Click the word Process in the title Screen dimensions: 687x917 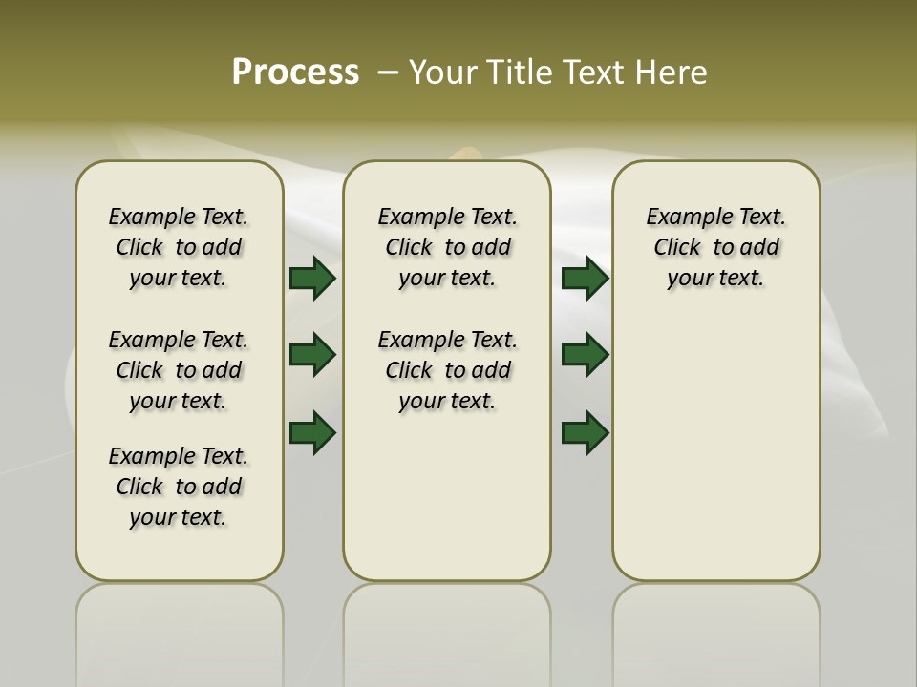coord(295,73)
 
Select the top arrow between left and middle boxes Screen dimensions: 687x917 coord(312,279)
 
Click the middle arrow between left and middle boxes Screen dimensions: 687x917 coord(312,355)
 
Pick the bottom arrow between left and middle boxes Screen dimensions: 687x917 coord(312,432)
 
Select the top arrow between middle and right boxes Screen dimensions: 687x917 coord(585,279)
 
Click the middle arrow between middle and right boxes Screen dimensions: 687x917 coord(585,355)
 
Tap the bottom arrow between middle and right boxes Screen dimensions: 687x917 coord(585,432)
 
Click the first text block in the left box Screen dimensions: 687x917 coord(179,247)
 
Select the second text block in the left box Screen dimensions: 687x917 coord(179,370)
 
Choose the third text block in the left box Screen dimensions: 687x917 coord(179,487)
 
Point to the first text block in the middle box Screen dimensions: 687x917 coord(448,247)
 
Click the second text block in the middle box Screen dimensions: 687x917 coord(448,370)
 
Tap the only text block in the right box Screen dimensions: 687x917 coord(716,247)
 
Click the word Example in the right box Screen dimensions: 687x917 coord(682,218)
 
